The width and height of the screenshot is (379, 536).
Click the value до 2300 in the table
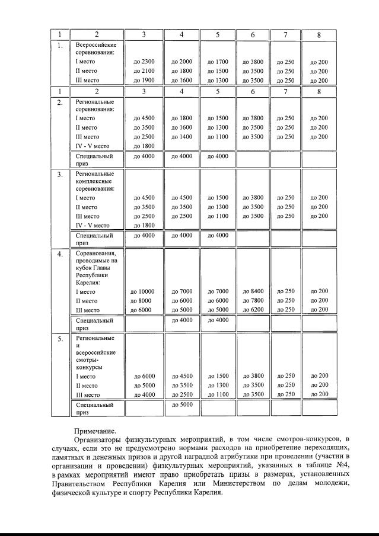coord(144,62)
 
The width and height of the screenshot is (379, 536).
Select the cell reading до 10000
coord(142,291)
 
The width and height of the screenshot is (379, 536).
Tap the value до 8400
coord(253,291)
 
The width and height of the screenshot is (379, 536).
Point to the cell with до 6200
coord(253,310)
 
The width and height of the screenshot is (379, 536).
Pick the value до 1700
coord(218,62)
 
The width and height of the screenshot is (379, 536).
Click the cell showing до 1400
coord(181,137)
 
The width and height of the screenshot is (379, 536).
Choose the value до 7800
coord(253,300)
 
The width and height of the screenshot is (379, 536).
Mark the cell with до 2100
coord(144,71)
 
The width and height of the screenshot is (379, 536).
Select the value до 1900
coord(144,81)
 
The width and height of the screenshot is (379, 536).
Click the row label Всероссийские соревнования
coord(95,49)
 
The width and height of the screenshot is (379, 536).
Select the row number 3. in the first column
coord(60,175)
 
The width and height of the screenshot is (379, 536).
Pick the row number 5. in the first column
coord(60,339)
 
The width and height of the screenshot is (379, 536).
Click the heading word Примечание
coord(95,431)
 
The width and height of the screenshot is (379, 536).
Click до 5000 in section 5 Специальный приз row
coord(181,405)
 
